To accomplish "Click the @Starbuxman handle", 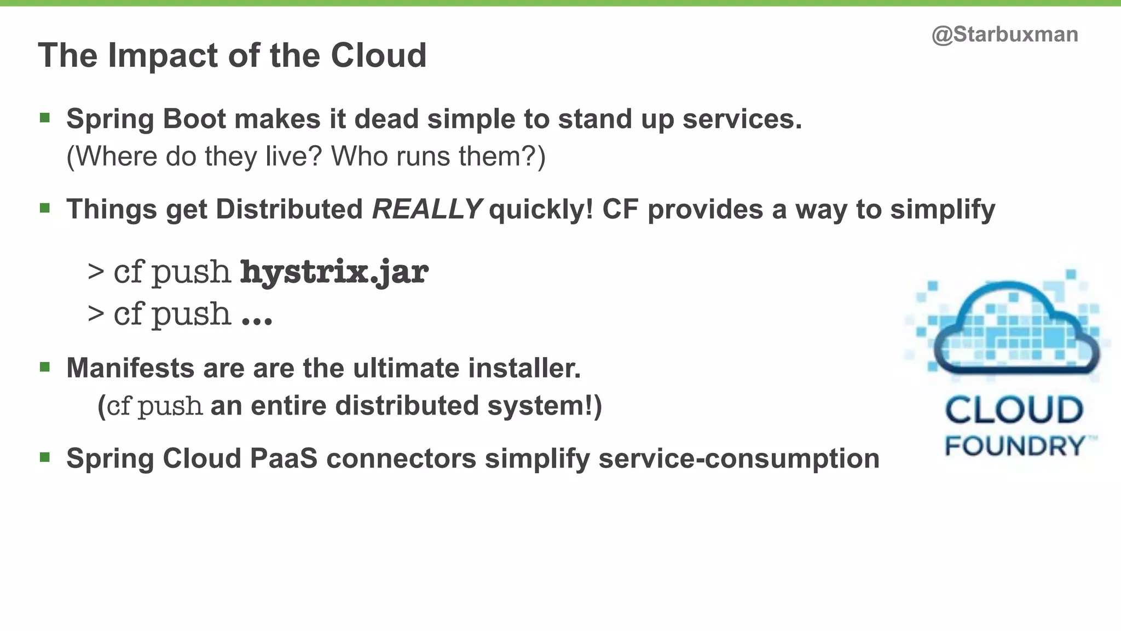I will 1004,35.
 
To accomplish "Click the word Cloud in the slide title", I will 378,55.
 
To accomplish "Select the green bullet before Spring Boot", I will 45,118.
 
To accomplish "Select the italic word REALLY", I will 426,209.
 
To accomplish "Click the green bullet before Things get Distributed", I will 45,208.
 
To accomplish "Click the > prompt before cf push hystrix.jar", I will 96,271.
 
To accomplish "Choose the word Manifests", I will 130,368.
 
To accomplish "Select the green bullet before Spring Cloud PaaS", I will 45,457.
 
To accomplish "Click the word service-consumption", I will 739,458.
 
